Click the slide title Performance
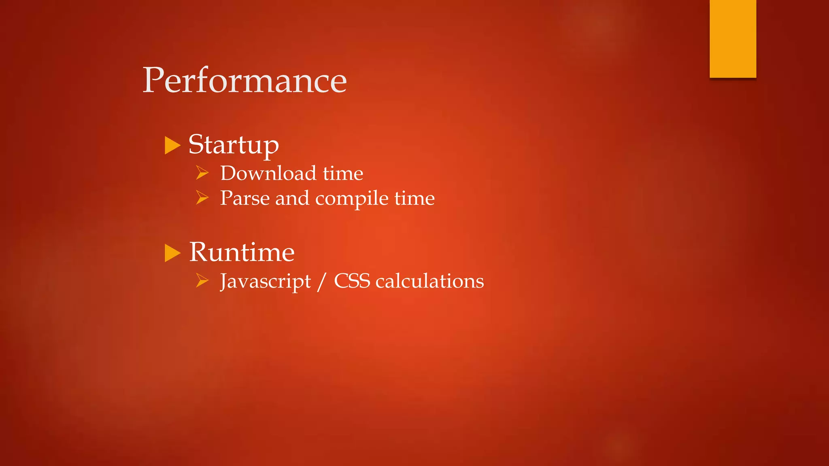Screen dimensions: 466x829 click(x=244, y=80)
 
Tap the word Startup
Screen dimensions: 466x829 click(x=234, y=145)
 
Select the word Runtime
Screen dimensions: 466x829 click(x=242, y=252)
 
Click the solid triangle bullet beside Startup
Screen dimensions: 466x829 click(x=172, y=146)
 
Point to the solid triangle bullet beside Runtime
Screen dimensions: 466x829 click(x=172, y=253)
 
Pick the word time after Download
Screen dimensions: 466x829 click(x=343, y=174)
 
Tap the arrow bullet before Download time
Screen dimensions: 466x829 click(x=202, y=173)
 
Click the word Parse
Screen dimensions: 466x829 click(x=244, y=198)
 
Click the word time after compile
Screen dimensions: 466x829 click(x=414, y=198)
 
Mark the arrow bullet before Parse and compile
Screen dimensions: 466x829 click(x=202, y=198)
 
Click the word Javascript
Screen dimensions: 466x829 click(x=265, y=282)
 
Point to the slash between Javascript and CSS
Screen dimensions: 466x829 click(x=322, y=282)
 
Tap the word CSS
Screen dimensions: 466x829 click(x=352, y=281)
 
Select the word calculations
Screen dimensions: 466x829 click(x=429, y=281)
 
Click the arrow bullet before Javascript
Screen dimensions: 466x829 click(x=202, y=280)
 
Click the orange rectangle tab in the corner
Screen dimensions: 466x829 click(x=733, y=39)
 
